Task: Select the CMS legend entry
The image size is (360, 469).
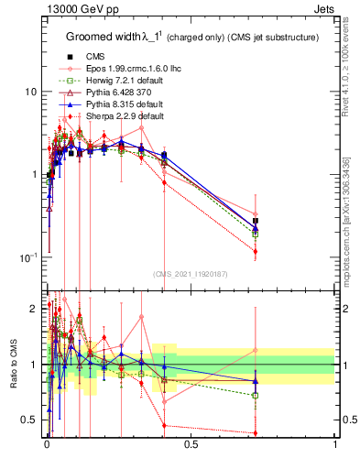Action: click(x=85, y=57)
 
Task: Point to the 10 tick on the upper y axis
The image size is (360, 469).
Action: click(x=29, y=93)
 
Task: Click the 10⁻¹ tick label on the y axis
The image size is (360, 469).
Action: click(x=27, y=257)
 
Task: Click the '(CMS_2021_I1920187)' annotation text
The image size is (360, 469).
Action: click(x=190, y=274)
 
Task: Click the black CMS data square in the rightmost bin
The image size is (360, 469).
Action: click(x=256, y=222)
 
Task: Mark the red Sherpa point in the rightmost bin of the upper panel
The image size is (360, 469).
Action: click(x=256, y=251)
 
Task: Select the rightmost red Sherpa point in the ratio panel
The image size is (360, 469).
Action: click(x=256, y=433)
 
